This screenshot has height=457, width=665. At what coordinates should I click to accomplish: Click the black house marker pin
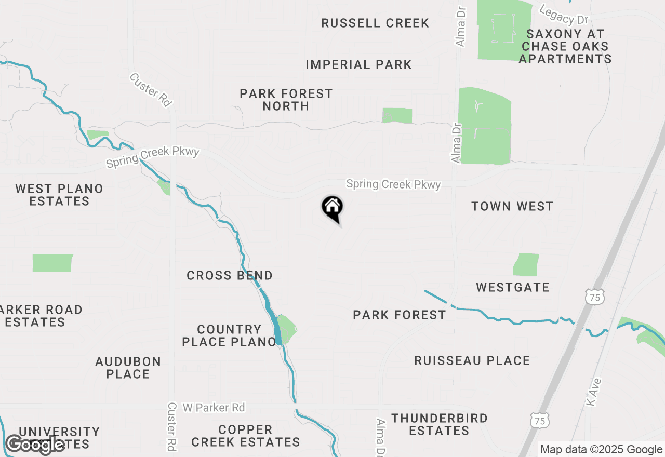click(x=332, y=208)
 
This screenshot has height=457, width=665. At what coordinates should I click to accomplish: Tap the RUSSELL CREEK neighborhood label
click(x=375, y=23)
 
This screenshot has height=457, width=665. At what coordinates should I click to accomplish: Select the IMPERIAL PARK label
click(x=358, y=65)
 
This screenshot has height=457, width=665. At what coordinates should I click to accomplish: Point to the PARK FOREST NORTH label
click(x=286, y=100)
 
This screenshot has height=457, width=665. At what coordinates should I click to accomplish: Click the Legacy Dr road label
click(x=564, y=15)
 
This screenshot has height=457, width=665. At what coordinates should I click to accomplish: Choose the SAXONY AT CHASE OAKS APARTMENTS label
click(x=565, y=46)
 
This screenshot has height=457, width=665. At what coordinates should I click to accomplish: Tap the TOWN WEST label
click(x=512, y=207)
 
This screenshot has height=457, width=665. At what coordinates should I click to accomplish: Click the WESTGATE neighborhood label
click(x=513, y=288)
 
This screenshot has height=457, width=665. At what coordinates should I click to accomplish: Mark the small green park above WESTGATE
click(x=526, y=265)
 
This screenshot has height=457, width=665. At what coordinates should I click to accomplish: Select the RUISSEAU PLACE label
click(x=472, y=361)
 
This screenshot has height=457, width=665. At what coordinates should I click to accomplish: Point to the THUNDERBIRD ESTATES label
click(x=440, y=424)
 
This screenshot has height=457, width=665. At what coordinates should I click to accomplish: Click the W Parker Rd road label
click(x=214, y=408)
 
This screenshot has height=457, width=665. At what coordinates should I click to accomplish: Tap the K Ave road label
click(x=592, y=392)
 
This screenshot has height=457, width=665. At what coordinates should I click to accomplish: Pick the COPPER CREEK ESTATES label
click(x=246, y=436)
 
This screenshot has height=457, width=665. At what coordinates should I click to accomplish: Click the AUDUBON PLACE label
click(x=128, y=368)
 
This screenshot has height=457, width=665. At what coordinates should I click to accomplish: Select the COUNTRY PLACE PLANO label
click(x=236, y=335)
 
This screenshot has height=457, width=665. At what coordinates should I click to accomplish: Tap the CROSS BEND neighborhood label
click(x=230, y=276)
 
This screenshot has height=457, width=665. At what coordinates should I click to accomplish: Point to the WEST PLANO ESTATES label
click(x=59, y=195)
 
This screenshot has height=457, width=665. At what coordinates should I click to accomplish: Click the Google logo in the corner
click(x=35, y=445)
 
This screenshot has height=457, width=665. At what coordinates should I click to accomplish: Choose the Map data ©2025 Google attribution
click(x=601, y=450)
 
